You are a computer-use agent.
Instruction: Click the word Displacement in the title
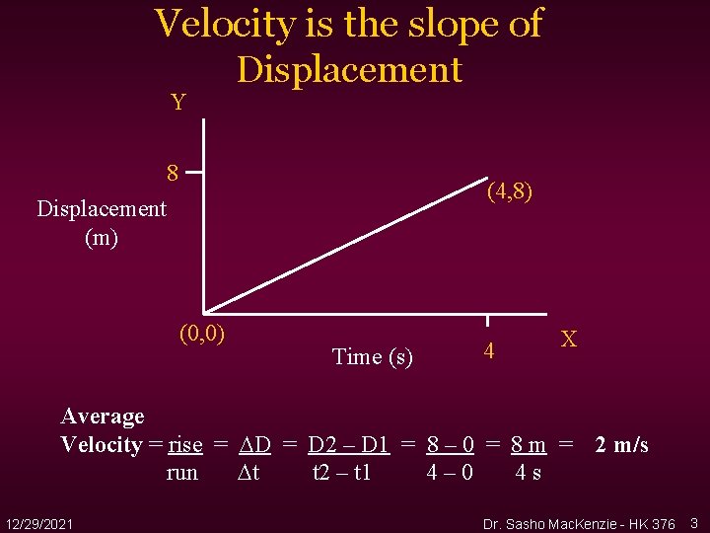click(349, 69)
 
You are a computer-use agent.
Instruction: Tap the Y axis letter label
click(177, 103)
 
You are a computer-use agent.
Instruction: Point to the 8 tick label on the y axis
click(173, 174)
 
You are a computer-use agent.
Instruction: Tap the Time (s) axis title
click(373, 356)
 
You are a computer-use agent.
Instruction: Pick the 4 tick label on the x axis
click(488, 350)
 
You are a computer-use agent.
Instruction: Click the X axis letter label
click(569, 340)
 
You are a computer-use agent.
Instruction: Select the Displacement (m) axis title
click(102, 223)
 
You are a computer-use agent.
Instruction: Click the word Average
click(103, 417)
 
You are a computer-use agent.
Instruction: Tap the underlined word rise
click(185, 445)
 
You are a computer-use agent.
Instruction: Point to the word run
click(182, 472)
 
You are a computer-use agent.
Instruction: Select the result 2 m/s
click(621, 445)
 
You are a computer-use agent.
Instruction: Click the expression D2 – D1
click(348, 445)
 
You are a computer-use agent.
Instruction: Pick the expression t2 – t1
click(341, 472)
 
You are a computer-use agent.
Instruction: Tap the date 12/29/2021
click(37, 521)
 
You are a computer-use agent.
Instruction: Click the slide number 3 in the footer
click(694, 521)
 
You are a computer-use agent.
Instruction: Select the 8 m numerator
click(529, 445)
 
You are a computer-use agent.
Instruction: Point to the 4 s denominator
click(528, 472)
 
